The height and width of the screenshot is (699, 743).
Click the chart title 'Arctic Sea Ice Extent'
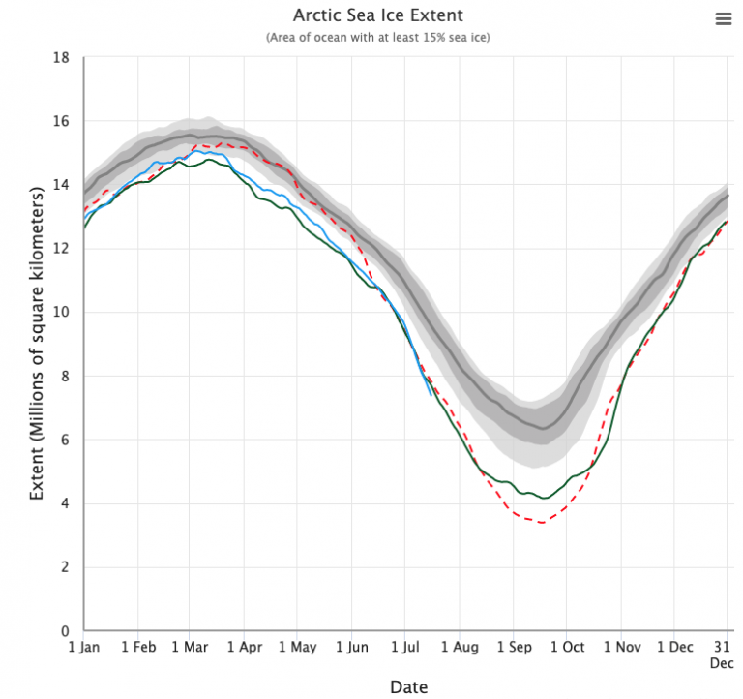click(378, 15)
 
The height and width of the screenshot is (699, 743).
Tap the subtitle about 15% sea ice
click(378, 37)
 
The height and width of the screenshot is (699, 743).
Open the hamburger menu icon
click(723, 19)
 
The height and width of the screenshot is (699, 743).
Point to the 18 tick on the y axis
click(62, 58)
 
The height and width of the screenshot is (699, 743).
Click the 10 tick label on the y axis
click(62, 313)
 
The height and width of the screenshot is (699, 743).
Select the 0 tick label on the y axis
click(66, 631)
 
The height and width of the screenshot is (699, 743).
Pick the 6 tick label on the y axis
click(66, 441)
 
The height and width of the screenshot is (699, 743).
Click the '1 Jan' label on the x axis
click(84, 647)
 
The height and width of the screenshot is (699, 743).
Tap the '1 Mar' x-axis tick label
click(190, 647)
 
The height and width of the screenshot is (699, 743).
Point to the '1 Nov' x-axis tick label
click(623, 647)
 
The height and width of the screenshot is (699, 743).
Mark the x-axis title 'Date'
click(407, 686)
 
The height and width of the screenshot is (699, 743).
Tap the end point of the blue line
click(431, 394)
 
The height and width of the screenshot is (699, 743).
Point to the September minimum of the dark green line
click(546, 499)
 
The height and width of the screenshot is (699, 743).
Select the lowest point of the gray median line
click(544, 428)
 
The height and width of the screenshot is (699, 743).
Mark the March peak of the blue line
click(196, 151)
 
